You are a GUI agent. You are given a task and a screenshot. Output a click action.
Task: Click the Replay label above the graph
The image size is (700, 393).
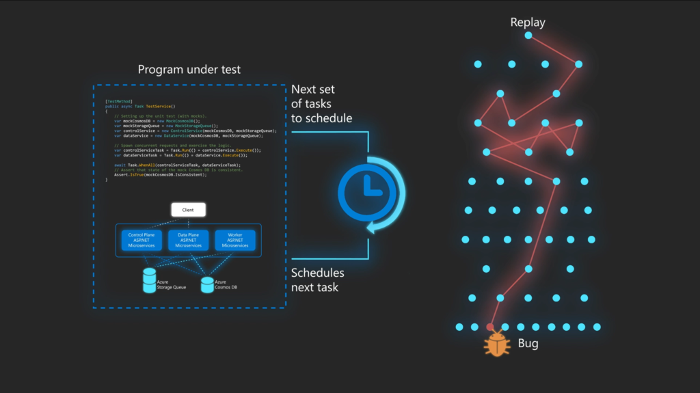pos(528,23)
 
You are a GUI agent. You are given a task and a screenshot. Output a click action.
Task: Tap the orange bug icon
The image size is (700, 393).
pos(497,344)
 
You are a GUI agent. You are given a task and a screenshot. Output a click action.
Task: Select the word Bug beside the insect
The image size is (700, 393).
pos(528,343)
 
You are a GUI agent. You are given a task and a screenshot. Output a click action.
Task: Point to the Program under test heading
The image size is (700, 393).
pos(189,70)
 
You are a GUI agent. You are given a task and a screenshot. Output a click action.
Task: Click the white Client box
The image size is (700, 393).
pos(188,209)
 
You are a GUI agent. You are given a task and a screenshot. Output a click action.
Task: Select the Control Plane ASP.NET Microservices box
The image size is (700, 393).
pos(142,240)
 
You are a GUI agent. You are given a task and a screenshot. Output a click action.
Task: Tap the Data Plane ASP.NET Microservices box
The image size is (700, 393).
pos(188,240)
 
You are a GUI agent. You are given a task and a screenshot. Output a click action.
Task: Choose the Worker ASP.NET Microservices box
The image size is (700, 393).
pos(234,240)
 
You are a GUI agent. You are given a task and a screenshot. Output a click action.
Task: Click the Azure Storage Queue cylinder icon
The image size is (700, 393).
pos(149,280)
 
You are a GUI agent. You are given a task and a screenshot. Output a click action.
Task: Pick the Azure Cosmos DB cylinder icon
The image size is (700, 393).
pos(207,284)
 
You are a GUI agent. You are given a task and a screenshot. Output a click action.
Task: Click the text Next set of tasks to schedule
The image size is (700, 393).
pos(322,104)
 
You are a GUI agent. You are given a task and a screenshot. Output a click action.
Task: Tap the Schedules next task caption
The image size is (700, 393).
pos(318,280)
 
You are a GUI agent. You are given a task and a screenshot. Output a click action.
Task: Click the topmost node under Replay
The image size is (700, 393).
pos(528,35)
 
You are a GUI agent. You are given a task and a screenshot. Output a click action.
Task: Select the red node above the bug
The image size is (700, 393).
pos(489,327)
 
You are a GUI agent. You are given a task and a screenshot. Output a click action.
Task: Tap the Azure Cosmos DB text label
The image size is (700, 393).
pos(226,284)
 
